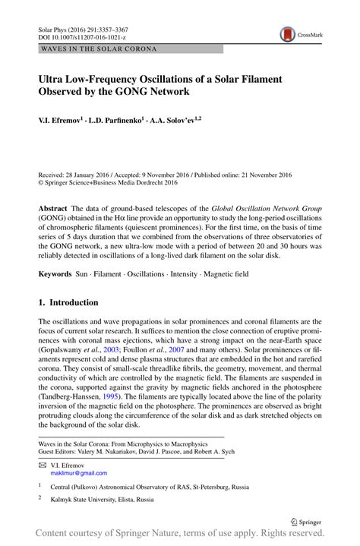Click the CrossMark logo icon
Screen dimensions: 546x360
click(287, 33)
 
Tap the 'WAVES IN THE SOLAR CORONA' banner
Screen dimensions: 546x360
click(92, 49)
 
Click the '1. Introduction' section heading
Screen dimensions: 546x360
click(73, 301)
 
